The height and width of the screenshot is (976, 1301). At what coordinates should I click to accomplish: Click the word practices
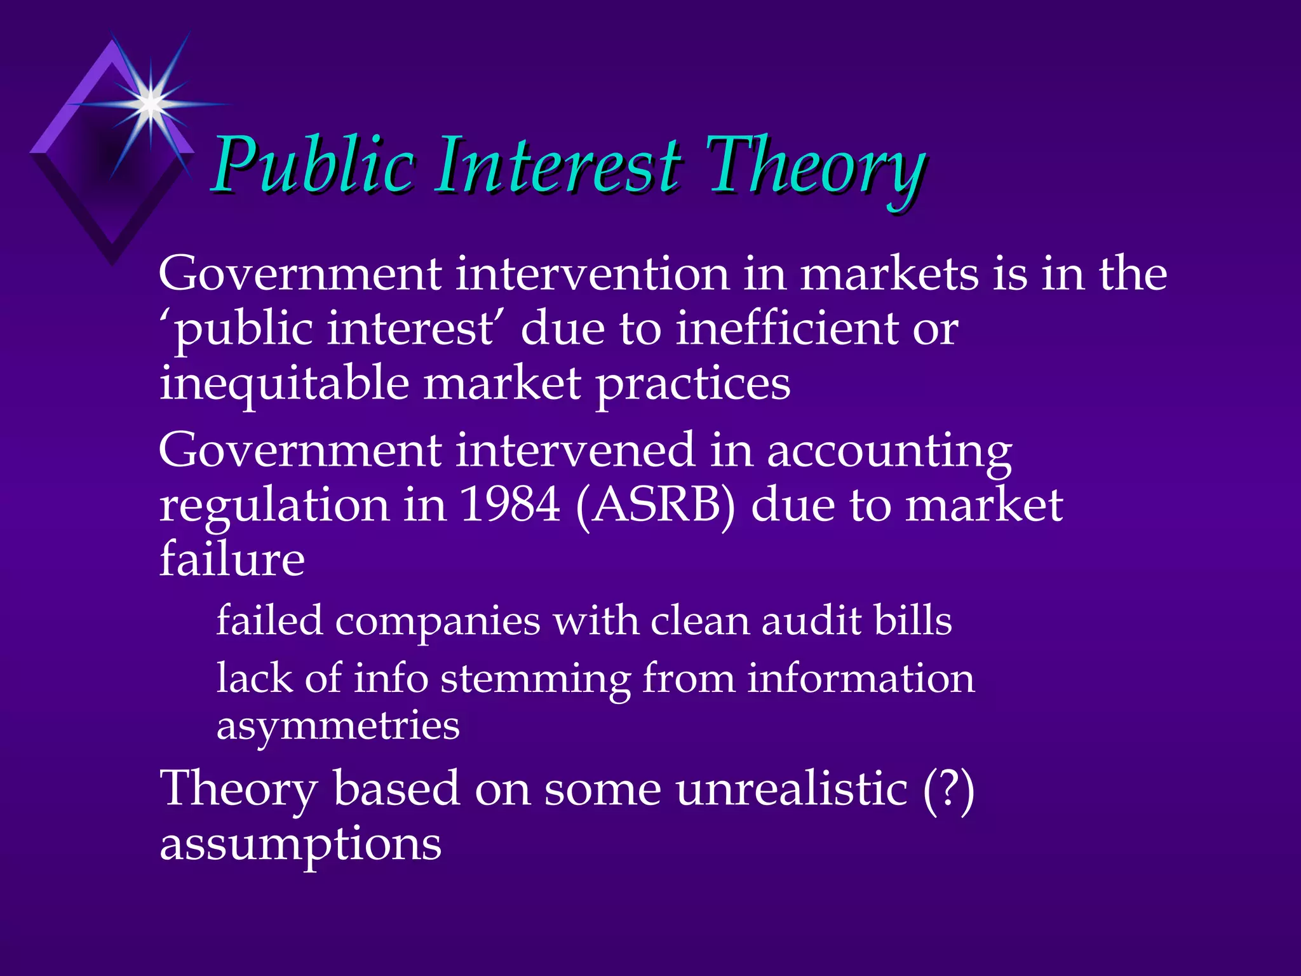[692, 384]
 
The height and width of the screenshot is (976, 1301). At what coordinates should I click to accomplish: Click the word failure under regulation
[232, 559]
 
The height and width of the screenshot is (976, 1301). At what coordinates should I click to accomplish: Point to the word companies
[438, 621]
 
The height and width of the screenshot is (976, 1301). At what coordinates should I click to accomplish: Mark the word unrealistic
[791, 789]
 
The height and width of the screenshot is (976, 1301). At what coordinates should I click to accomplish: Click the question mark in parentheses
[948, 789]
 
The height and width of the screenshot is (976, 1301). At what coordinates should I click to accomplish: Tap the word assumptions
[300, 844]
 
